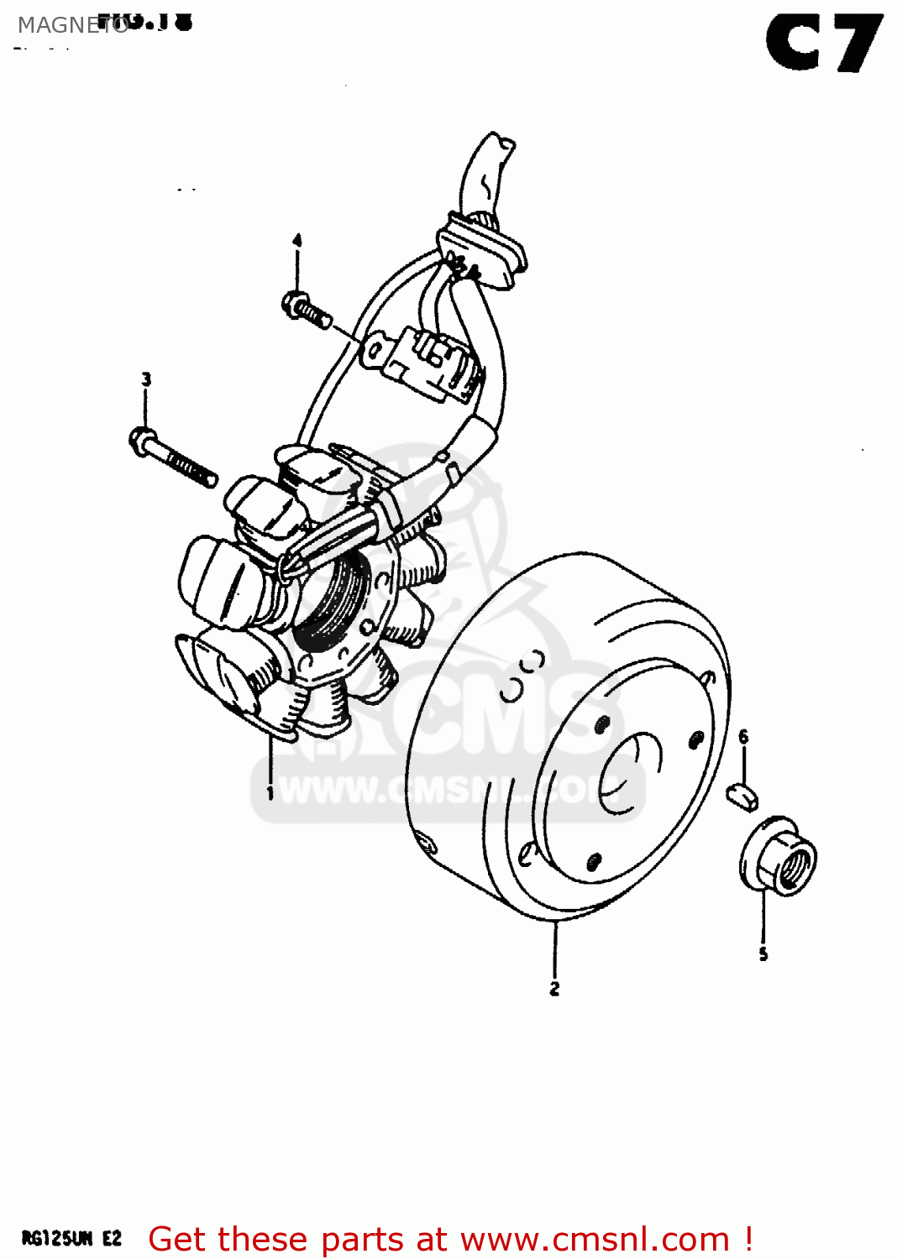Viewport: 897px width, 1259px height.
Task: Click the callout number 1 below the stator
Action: [270, 792]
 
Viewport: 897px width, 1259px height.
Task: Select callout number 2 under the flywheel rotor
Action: [554, 989]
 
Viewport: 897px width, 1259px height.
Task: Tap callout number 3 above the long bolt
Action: [146, 379]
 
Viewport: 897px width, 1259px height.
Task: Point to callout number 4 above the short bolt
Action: [296, 242]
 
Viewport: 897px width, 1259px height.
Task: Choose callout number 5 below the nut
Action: [763, 954]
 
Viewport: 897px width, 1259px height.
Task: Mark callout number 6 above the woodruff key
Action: [743, 737]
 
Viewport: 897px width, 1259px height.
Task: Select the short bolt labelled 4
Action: [307, 309]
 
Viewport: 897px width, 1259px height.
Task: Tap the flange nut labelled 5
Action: [779, 856]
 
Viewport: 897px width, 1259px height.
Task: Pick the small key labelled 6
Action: [742, 794]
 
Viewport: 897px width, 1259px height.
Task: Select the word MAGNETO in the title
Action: [72, 26]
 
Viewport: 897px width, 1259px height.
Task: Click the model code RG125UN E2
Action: [71, 1239]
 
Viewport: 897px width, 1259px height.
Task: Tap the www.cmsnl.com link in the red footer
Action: [595, 1240]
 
